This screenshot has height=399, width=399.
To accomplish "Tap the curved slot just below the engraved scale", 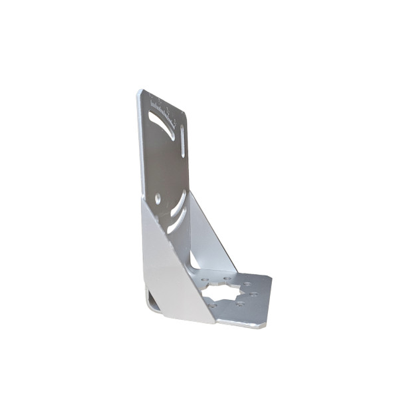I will [x=162, y=124].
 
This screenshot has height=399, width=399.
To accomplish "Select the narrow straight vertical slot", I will [x=183, y=141].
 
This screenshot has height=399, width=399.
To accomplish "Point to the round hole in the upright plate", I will [x=158, y=198].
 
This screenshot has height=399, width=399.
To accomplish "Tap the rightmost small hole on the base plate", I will [x=255, y=293].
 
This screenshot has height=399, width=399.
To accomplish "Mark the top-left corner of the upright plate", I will [x=140, y=92].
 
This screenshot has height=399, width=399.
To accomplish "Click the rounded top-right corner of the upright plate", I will [x=183, y=113].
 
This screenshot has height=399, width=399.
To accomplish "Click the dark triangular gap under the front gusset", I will [x=153, y=301].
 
